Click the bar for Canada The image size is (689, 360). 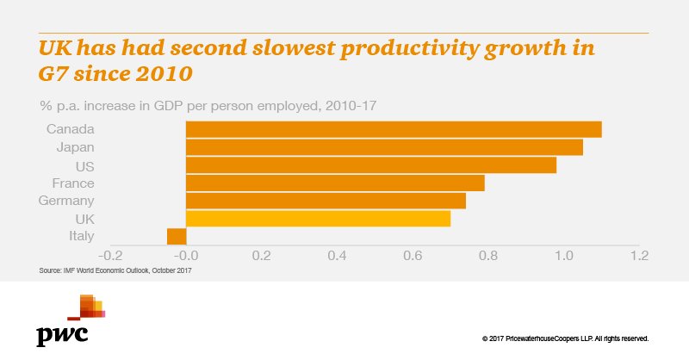[x=394, y=129]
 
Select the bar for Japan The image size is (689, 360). [x=384, y=147]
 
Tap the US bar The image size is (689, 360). [x=371, y=165]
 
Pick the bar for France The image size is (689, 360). [x=335, y=183]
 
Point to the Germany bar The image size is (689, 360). [x=326, y=201]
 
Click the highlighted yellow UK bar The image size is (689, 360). [x=318, y=219]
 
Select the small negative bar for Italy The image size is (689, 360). [x=177, y=237]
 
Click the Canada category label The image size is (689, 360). [x=71, y=129]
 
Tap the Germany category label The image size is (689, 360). [x=65, y=201]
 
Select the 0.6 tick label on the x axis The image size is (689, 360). [x=487, y=256]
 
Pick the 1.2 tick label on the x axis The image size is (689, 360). [x=638, y=256]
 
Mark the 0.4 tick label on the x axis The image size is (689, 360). [x=412, y=256]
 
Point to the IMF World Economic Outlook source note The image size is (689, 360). [x=115, y=271]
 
